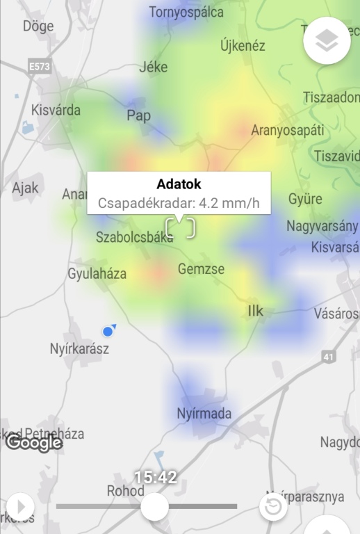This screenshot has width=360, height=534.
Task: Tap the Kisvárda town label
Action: tap(56, 110)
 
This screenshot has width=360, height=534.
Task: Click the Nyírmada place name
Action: tap(204, 414)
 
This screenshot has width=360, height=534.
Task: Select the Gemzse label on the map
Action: tap(201, 268)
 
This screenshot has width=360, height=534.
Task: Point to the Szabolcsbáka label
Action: tap(134, 237)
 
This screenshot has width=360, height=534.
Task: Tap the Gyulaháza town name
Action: tap(97, 274)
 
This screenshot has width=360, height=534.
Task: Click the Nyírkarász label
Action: tap(79, 348)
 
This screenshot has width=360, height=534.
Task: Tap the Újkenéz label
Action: tap(243, 46)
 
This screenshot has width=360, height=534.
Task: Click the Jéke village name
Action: tap(154, 67)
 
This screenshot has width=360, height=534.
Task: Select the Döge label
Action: tap(38, 26)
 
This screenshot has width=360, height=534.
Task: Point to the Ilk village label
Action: tap(256, 311)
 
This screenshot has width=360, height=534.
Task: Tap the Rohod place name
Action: tap(126, 491)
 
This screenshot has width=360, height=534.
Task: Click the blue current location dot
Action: tap(107, 331)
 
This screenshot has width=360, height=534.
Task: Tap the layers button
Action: tap(327, 41)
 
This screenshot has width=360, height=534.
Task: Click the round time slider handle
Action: tap(154, 506)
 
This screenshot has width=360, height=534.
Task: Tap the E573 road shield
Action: tap(40, 66)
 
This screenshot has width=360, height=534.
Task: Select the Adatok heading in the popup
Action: tap(179, 184)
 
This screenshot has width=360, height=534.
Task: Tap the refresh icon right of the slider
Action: tap(273, 507)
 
